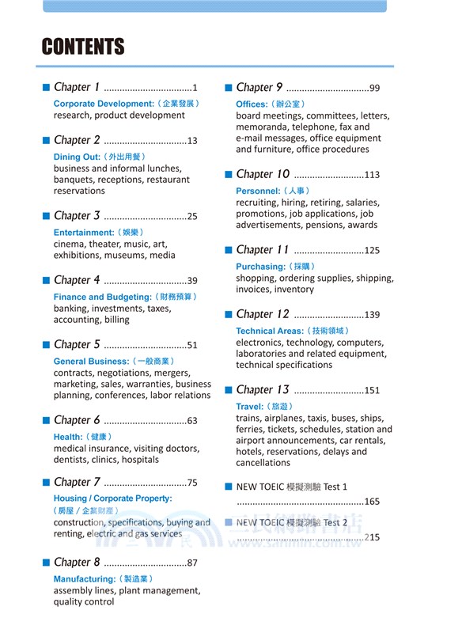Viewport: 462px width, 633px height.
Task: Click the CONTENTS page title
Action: point(83,47)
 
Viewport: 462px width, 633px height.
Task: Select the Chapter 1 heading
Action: point(77,88)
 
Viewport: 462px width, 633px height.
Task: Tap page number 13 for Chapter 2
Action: point(192,141)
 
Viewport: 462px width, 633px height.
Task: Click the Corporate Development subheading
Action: point(103,104)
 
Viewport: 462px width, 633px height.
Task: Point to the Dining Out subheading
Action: point(78,157)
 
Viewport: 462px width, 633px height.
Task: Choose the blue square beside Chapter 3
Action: point(46,215)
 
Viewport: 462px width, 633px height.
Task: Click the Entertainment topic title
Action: point(84,233)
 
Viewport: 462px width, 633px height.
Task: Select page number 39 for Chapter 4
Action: point(192,281)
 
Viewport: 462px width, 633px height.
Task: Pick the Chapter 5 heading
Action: point(77,345)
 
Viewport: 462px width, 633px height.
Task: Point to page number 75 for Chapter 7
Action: point(192,483)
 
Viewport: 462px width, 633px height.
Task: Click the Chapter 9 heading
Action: point(259,88)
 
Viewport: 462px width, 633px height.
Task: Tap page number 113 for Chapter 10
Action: point(372,175)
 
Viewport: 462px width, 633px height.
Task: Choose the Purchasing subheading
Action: point(259,267)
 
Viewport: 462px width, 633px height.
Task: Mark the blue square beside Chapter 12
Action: point(228,314)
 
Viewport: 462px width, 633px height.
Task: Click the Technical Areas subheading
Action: point(270,331)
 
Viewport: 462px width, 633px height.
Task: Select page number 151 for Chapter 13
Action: point(372,391)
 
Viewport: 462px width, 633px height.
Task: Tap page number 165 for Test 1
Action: point(372,502)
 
